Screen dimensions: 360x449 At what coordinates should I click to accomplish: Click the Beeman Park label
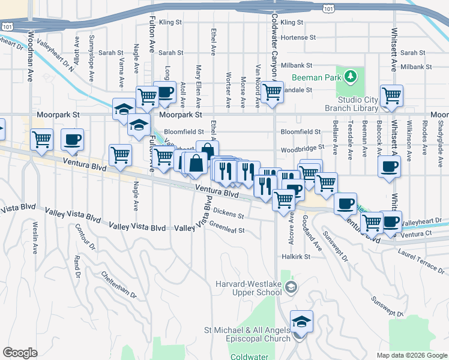point(316,77)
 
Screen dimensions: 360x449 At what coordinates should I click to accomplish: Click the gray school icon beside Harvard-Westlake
point(291,287)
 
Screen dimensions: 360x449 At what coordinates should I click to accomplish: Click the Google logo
point(20,353)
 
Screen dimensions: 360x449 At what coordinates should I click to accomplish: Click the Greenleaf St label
point(227,230)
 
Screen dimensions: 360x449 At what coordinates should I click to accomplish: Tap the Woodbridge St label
point(303,147)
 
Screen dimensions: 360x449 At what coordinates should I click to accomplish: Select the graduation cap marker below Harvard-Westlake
point(301,322)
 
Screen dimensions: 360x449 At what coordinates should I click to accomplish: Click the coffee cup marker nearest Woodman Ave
point(72,140)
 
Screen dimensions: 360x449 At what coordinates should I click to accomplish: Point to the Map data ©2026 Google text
point(411,355)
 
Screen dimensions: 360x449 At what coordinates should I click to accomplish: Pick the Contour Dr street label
point(85,237)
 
